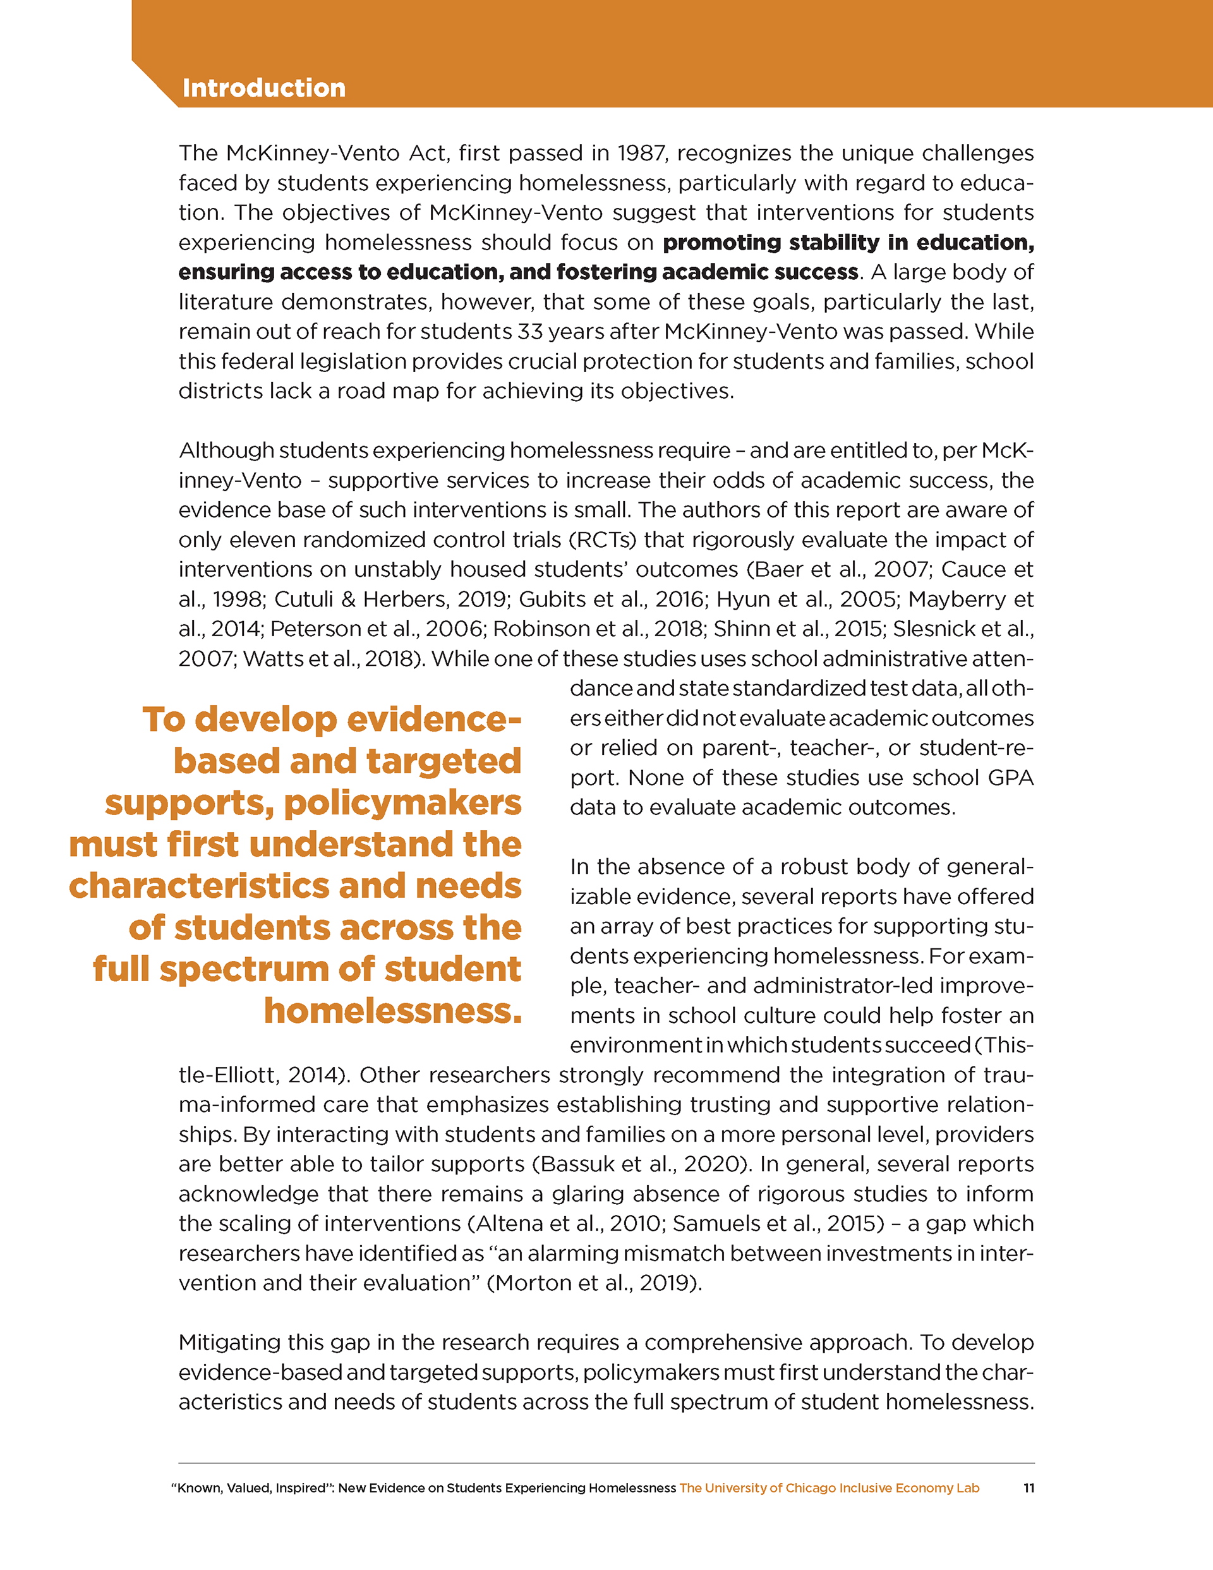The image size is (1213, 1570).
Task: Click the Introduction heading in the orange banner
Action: pyautogui.click(x=264, y=88)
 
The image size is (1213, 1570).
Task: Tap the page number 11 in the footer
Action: pyautogui.click(x=1029, y=1488)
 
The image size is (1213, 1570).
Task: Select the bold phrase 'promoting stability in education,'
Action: pyautogui.click(x=848, y=242)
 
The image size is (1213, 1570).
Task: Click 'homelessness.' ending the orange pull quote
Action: pyautogui.click(x=392, y=1010)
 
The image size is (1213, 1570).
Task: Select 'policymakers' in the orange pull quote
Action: pyautogui.click(x=402, y=802)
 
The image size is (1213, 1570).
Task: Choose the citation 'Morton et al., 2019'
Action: pyautogui.click(x=594, y=1283)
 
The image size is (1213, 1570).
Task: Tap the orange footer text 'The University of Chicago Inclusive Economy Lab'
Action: pyautogui.click(x=829, y=1488)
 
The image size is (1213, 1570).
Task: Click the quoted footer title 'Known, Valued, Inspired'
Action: pyautogui.click(x=248, y=1488)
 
